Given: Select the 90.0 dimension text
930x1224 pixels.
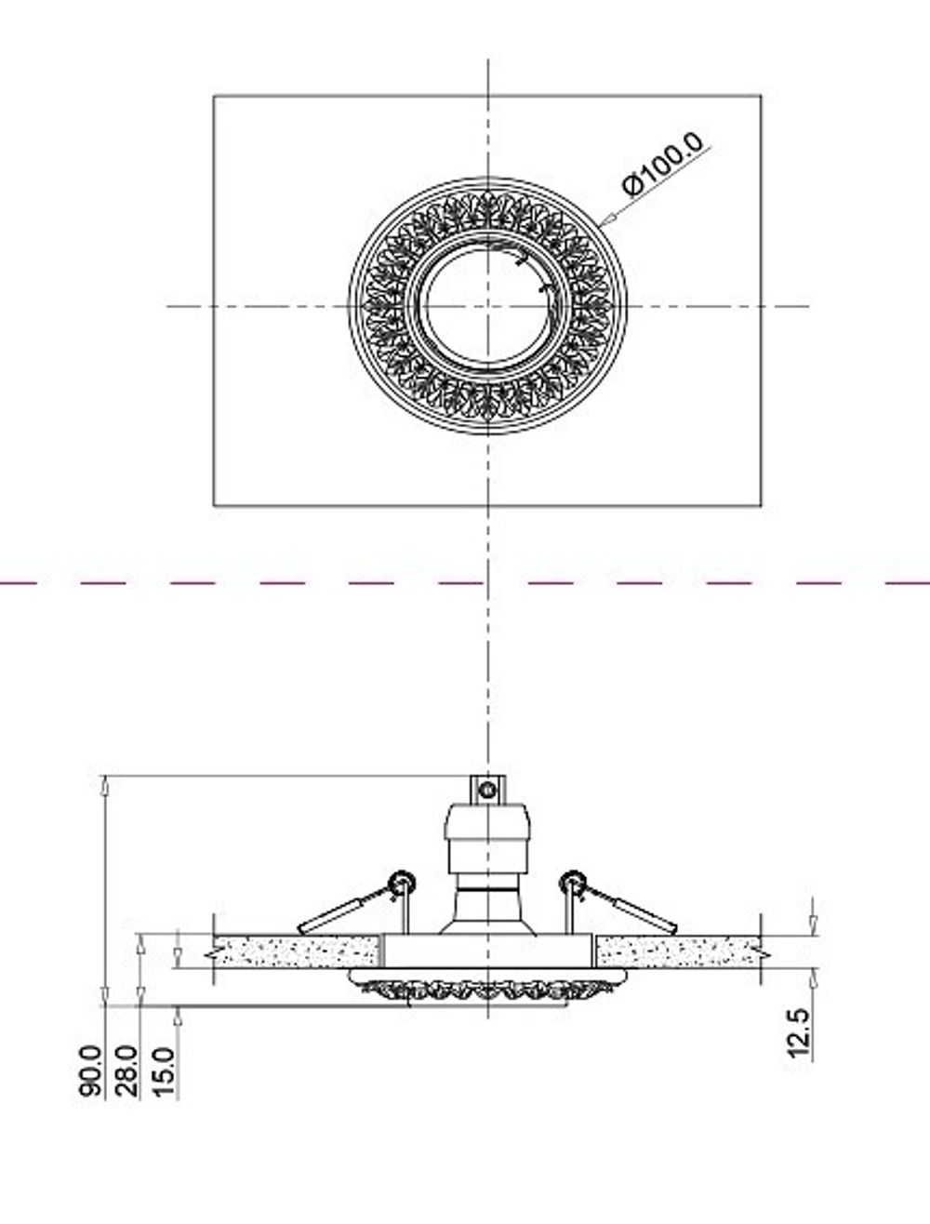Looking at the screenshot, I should click(x=91, y=1071).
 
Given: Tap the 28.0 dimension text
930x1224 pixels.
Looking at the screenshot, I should click(x=127, y=1071).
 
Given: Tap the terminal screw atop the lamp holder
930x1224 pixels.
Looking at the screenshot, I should click(x=485, y=790).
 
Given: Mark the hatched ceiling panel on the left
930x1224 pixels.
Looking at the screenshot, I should click(x=296, y=951).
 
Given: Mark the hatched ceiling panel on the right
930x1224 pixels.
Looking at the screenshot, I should click(x=677, y=951).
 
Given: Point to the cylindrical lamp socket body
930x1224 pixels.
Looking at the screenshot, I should click(x=486, y=837).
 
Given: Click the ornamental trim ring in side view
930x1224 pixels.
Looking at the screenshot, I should click(x=486, y=988).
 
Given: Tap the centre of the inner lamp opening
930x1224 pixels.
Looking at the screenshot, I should click(x=488, y=306).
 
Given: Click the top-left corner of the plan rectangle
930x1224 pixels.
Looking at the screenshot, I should click(x=214, y=95).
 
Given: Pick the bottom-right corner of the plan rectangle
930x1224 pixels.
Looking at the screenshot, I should click(x=762, y=505).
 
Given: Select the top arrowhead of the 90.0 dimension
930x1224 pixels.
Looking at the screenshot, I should click(x=106, y=783).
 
